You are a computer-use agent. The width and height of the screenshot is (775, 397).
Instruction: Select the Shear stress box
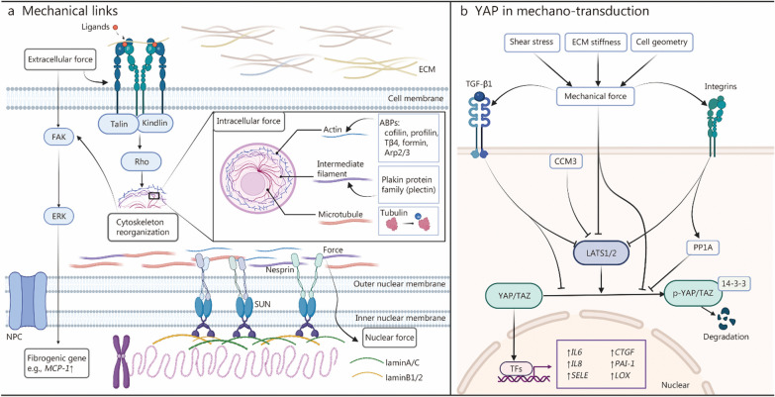coord(531,44)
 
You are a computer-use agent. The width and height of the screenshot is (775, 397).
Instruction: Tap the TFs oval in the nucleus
coord(510,367)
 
